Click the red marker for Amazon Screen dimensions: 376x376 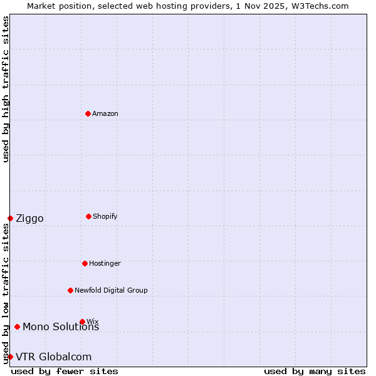point(88,113)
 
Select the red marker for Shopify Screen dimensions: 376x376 point(88,216)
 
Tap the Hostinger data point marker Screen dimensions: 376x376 point(85,263)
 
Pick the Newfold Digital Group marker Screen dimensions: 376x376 point(70,290)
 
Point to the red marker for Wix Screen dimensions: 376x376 point(82,321)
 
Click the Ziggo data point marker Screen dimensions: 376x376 point(10,218)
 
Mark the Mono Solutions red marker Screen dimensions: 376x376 point(17,326)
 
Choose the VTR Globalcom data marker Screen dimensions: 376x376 point(10,357)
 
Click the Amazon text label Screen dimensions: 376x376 point(105,113)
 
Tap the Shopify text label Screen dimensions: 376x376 point(105,216)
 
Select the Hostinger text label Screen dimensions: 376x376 point(105,263)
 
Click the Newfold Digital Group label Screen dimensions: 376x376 point(111,290)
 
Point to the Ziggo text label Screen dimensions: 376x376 point(29,218)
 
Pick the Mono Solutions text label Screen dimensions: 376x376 point(61,326)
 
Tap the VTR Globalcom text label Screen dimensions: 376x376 point(53,357)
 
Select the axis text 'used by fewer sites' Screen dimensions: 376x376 point(65,371)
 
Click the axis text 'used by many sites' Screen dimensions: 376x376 point(315,371)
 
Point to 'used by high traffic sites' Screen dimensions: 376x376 point(6,89)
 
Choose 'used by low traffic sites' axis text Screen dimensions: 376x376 point(6,293)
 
